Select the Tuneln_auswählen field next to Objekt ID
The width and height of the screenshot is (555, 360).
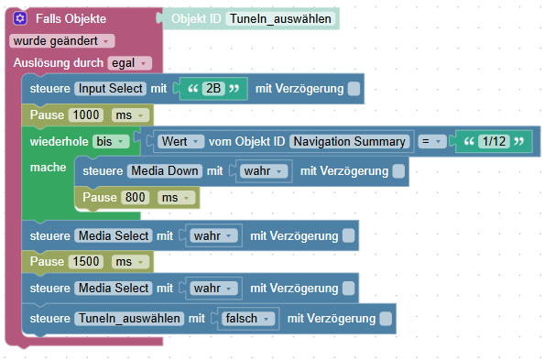point(280,18)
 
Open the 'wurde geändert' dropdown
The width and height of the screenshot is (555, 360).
point(62,41)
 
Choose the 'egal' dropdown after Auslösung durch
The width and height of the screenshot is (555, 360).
point(128,62)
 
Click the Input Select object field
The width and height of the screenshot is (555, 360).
point(110,88)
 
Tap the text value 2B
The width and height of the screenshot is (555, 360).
point(213,88)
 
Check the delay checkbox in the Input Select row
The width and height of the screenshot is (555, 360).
point(353,88)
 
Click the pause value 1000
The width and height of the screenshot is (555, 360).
point(86,115)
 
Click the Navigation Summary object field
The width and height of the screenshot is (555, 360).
point(349,142)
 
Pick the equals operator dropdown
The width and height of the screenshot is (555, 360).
point(430,142)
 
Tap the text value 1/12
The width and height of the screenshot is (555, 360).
point(493,142)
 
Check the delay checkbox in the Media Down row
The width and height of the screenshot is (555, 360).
point(398,170)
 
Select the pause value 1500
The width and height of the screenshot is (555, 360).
point(86,262)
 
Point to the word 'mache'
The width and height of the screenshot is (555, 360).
point(47,168)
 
